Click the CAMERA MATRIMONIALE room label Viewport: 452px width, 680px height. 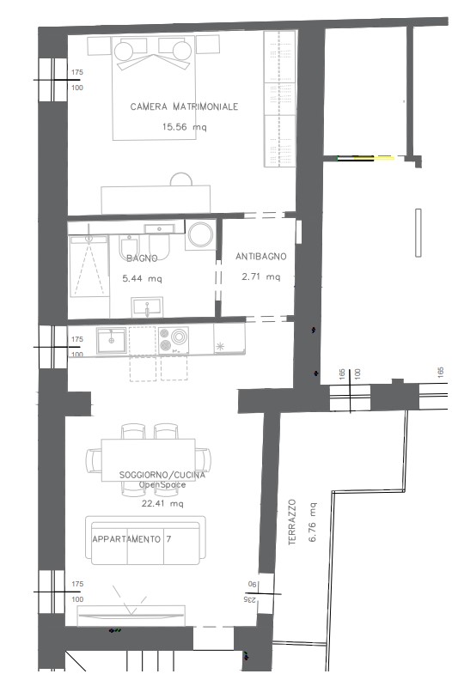(x=184, y=106)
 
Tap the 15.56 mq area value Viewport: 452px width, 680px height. (x=184, y=127)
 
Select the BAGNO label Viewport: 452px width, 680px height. (x=142, y=258)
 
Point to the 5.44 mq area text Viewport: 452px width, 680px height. (x=142, y=278)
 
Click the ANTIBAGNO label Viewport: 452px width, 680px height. (x=261, y=257)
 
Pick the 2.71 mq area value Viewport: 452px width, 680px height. (x=261, y=276)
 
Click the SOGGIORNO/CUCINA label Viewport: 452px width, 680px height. (x=162, y=476)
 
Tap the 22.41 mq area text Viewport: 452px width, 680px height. (x=162, y=503)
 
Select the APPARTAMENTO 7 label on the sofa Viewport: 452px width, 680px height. (x=131, y=539)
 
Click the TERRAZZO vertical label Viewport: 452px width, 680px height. (x=292, y=522)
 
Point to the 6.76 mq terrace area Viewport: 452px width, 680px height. (x=313, y=522)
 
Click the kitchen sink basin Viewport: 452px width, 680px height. (x=112, y=341)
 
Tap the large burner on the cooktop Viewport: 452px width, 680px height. (x=179, y=336)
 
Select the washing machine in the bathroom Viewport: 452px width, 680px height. (x=200, y=234)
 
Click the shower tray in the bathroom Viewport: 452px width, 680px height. (x=89, y=266)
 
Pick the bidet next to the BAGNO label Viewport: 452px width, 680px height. (x=129, y=246)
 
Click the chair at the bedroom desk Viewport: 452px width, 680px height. (x=181, y=179)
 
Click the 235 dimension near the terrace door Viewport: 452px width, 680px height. (x=250, y=599)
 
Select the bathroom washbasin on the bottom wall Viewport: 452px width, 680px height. (x=147, y=307)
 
